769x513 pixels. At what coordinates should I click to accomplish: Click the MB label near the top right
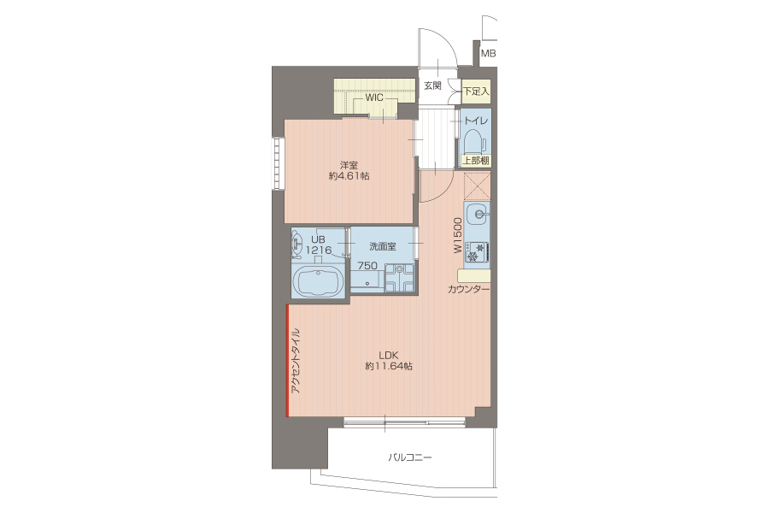click(488, 54)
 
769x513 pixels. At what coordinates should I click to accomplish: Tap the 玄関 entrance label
click(432, 85)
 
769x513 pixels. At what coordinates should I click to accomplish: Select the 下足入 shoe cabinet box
click(476, 91)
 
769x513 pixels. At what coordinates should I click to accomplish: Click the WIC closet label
click(374, 97)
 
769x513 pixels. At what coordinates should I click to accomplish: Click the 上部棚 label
click(476, 161)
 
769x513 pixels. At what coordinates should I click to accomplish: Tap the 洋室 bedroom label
click(349, 165)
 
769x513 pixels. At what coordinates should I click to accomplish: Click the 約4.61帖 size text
click(349, 176)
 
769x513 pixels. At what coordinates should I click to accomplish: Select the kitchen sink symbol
click(477, 215)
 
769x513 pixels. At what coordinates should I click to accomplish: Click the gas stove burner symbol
click(477, 252)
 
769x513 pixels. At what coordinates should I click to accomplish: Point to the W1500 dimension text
click(458, 236)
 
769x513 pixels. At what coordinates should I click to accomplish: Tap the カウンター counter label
click(468, 289)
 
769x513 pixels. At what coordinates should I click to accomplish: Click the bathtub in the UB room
click(318, 282)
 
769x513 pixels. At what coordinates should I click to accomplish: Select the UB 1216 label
click(319, 245)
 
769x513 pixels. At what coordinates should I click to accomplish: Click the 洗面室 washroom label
click(383, 246)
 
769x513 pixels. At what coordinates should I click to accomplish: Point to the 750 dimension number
click(367, 266)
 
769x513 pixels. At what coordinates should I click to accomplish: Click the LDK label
click(388, 355)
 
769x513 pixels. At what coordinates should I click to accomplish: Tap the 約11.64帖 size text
click(389, 366)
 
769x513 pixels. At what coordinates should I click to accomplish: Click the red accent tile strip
click(288, 360)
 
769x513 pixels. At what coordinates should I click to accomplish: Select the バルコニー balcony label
click(410, 457)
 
